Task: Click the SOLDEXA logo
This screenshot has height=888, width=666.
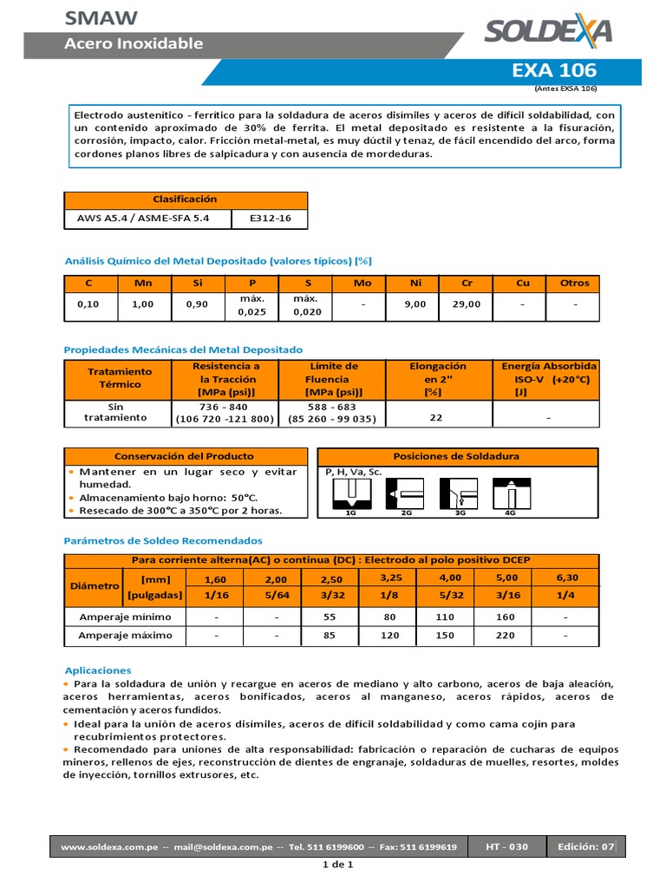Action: (547, 31)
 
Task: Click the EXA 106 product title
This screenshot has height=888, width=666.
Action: (566, 70)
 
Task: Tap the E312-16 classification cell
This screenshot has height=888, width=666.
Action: (270, 219)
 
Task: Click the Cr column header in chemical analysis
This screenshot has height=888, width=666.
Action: (467, 283)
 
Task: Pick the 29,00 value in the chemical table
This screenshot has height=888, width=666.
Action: (467, 304)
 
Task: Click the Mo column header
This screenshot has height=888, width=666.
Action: (362, 283)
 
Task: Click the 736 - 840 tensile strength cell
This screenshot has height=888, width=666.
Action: (224, 407)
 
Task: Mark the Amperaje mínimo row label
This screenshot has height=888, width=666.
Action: (126, 617)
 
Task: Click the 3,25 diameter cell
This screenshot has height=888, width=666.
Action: (392, 577)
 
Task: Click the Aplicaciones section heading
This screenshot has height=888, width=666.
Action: (98, 670)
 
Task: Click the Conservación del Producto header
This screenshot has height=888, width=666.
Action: (186, 456)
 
